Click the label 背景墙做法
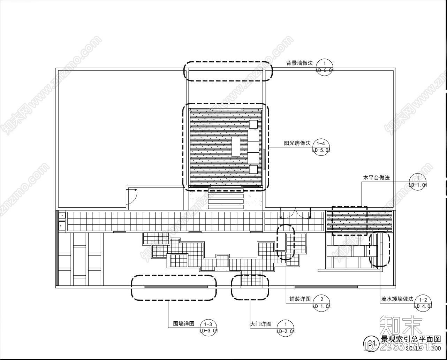pos(300,63)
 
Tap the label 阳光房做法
pos(297,143)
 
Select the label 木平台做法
pos(376,178)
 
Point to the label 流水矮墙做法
pos(397,299)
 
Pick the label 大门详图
pos(261,324)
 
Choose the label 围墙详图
pos(184,323)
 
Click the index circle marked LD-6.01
pos(325,66)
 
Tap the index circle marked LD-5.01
pos(321,147)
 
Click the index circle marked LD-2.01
pos(285,328)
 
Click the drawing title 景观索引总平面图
pos(411,339)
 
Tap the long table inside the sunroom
pos(236,147)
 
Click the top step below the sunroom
pos(226,190)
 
